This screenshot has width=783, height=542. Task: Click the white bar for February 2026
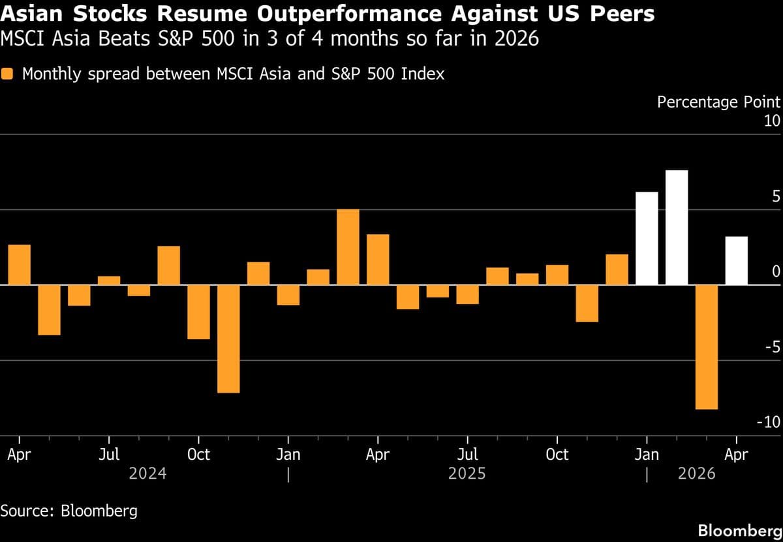point(677,228)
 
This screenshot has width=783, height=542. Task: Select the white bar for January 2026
point(647,239)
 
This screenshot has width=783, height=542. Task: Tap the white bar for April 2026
point(737,261)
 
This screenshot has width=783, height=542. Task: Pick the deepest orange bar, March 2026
point(707,347)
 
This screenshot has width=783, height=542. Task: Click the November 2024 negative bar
point(228,339)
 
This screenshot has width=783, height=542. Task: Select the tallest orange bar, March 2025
point(348,247)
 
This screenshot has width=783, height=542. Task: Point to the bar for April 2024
point(20,265)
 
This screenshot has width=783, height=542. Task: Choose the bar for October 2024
point(198,312)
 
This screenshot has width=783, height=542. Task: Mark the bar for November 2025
point(587,303)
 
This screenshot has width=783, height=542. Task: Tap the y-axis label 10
point(772,121)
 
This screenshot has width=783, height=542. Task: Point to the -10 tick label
point(768,423)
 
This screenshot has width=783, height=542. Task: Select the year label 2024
point(147,473)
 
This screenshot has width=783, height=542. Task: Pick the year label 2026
point(697,473)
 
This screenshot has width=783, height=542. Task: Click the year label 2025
point(467,473)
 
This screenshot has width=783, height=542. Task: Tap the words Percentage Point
point(718,102)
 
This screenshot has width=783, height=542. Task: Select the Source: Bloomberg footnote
point(69,510)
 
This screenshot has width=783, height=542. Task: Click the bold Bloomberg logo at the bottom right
point(739,529)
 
